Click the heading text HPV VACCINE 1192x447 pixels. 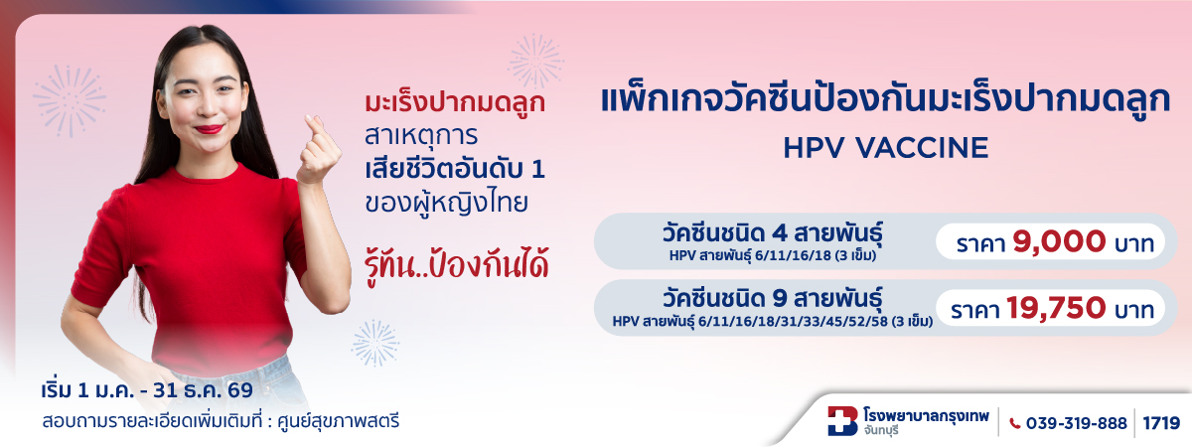pos(885,148)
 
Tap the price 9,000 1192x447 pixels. pos(1059,242)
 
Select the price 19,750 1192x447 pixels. pos(1056,308)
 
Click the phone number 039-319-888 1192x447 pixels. pos(1076,423)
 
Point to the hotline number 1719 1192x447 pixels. pos(1161,423)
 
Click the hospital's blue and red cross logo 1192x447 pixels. pos(842,421)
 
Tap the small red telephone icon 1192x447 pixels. pos(1015,423)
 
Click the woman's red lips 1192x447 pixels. pos(209,129)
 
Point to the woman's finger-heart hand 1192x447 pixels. pos(318,150)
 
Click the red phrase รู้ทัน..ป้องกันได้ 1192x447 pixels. pos(457,266)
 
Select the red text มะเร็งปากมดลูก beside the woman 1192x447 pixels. pos(455,102)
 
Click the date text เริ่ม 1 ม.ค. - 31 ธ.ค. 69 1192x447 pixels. pos(147,390)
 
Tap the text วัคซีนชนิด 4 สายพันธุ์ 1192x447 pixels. pos(772,233)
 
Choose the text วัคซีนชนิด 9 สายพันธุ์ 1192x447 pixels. pos(772,299)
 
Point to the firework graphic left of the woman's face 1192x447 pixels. pos(70,100)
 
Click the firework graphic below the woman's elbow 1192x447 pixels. pos(375,344)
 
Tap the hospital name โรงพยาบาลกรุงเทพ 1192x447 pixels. pos(927,415)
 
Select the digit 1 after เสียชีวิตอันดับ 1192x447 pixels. pos(538,169)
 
